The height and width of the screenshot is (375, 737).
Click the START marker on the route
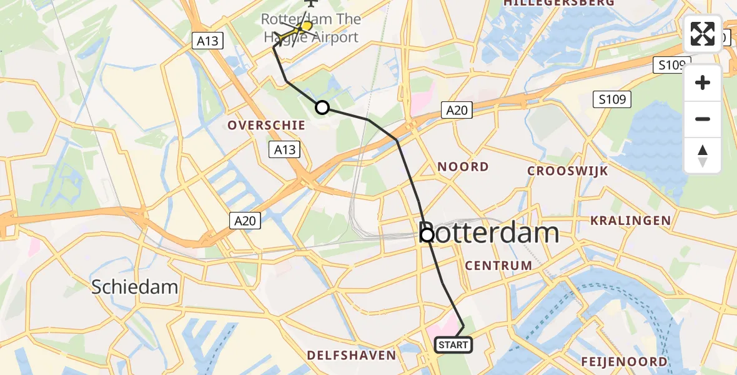coord(453,344)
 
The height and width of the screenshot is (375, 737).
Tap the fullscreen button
coord(703,34)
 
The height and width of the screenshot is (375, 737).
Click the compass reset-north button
coord(703,156)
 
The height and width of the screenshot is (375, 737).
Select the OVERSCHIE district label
coord(267,125)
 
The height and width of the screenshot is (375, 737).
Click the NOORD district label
coord(463,167)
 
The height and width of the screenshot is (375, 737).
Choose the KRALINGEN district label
coord(631,220)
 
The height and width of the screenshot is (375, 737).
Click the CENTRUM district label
coord(498,266)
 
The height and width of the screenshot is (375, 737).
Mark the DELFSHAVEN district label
coord(352,355)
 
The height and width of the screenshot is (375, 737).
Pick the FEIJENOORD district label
coord(624,361)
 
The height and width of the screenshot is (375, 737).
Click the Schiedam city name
coord(135,287)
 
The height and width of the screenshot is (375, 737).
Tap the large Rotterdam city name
coord(489,234)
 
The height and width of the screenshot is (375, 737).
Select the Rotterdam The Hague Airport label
coord(310,28)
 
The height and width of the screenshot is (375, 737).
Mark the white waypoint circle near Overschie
coord(322,107)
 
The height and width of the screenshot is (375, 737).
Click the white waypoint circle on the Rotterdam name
coord(427,235)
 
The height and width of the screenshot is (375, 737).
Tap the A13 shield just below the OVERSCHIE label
coord(284,149)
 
